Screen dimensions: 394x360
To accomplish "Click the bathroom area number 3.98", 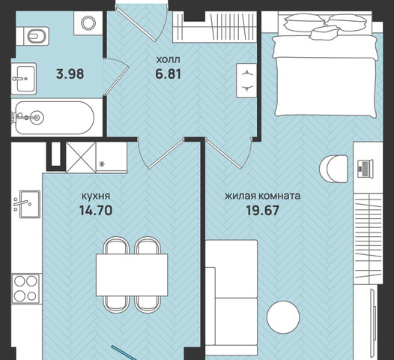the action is tap(70, 74).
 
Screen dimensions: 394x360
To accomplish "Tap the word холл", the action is tap(168, 60).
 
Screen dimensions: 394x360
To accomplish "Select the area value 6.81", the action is tap(168, 74).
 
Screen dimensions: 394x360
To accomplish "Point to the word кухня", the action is tap(96, 196).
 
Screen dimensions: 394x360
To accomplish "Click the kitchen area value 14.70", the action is tap(96, 210).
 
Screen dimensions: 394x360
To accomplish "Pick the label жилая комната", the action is tap(263, 196).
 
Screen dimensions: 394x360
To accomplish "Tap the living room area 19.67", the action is tap(262, 210).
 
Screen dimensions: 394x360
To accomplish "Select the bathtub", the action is tap(54, 118).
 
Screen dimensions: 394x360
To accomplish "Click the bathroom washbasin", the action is tap(24, 79).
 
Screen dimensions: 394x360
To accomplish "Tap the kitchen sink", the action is tap(29, 204).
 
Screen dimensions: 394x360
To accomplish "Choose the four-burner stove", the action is tap(26, 289).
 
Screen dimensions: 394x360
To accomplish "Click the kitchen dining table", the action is tap(132, 274).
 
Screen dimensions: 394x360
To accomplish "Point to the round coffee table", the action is tap(283, 317).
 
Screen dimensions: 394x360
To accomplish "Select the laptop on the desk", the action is tap(366, 169).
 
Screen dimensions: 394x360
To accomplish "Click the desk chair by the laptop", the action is tap(333, 169).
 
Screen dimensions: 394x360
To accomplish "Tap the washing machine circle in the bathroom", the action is tap(88, 23).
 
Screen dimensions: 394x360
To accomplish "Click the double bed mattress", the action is tap(326, 76).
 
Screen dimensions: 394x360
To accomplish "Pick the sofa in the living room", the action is tap(231, 297).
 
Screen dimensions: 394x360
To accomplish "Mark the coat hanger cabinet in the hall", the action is tap(246, 80).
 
